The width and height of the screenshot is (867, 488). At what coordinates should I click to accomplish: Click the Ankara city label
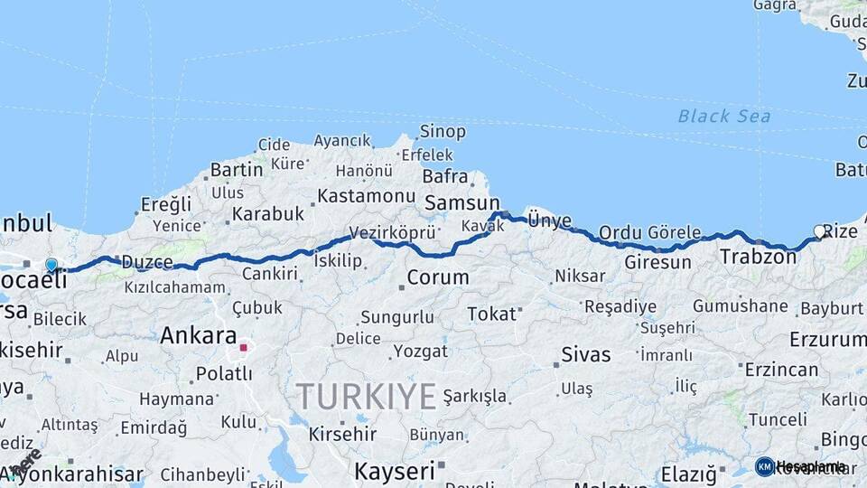[x=198, y=336]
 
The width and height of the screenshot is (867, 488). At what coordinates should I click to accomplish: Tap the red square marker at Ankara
[x=243, y=346]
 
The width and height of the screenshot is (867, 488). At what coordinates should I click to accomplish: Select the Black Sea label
[x=724, y=116]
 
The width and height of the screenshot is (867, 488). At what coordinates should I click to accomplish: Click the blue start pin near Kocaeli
[x=51, y=266]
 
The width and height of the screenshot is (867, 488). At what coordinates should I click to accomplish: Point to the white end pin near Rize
[x=820, y=232]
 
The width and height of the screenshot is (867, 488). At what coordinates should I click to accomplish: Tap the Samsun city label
[x=461, y=203]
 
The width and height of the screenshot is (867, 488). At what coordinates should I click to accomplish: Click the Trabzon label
[x=758, y=258]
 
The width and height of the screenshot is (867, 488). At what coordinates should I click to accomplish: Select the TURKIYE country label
[x=366, y=396]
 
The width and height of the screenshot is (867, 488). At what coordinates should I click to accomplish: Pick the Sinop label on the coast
[x=443, y=132]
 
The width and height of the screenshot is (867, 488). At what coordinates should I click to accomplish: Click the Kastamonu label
[x=366, y=195]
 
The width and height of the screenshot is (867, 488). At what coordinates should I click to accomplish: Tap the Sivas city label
[x=585, y=353]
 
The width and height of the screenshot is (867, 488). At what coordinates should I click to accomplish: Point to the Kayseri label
[x=394, y=471]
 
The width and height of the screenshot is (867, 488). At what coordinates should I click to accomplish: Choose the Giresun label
[x=657, y=263]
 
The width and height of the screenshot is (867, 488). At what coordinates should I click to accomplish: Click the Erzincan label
[x=782, y=369]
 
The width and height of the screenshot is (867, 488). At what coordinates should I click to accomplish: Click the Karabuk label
[x=267, y=214]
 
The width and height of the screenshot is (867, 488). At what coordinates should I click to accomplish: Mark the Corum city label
[x=437, y=277]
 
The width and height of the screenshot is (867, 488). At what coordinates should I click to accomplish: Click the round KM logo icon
[x=764, y=466]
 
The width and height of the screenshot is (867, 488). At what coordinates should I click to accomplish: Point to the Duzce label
[x=146, y=262]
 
